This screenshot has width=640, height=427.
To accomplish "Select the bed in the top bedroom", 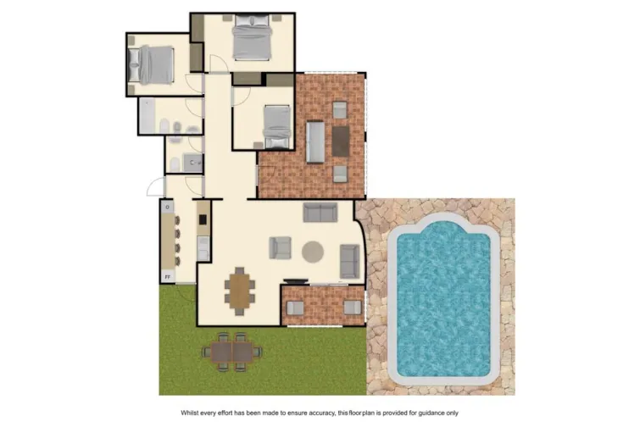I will pos(251,39).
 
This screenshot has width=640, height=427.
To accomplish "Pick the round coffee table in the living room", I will pos(313,251).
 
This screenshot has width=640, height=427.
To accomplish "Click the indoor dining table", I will pos(241,289).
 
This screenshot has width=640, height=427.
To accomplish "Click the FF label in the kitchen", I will pos(167,276).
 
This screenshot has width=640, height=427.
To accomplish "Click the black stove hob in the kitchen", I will pos(203,219).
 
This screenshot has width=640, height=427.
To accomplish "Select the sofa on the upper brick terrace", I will pos(314,141).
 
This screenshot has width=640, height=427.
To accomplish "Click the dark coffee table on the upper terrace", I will pos(340,141).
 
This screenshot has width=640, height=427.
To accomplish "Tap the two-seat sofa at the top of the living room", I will pos(320,212).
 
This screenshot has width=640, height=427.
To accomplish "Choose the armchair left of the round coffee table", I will pos(281,247).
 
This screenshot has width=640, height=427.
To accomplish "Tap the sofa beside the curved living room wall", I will pos(349,260).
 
